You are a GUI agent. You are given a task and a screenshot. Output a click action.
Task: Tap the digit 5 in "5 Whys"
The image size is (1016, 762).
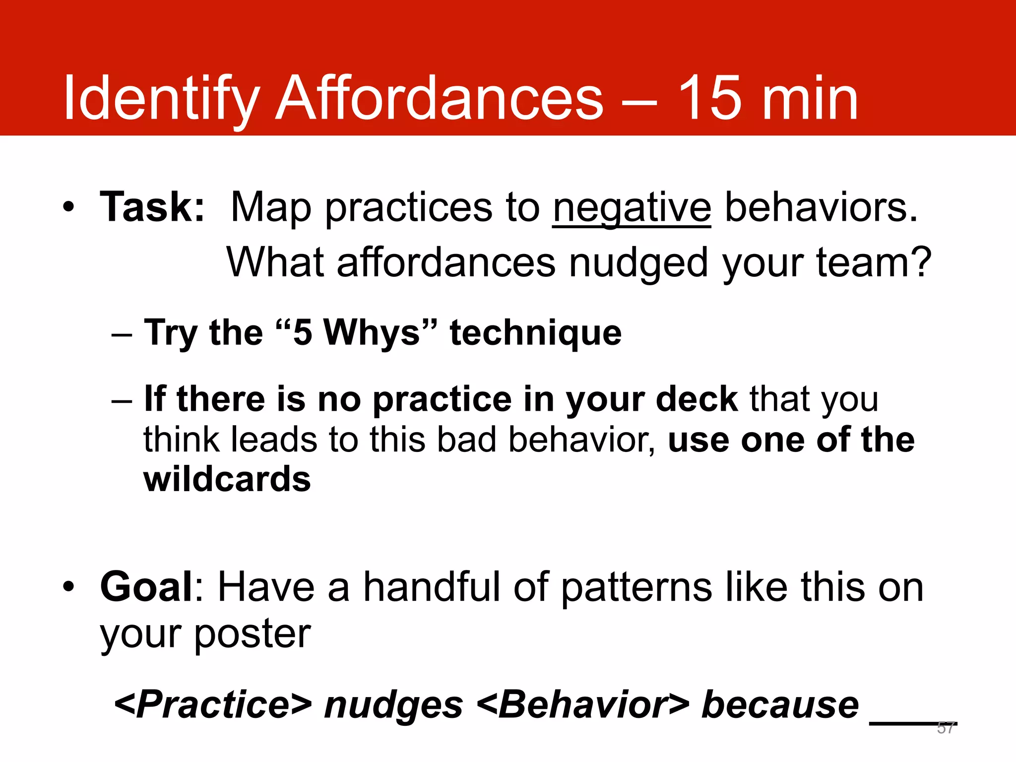[303, 332]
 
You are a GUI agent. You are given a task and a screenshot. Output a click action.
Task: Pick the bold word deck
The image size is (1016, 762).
[697, 399]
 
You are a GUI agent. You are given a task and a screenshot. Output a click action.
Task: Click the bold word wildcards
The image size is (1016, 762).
[227, 479]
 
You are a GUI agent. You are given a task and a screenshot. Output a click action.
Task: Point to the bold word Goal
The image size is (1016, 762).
[146, 587]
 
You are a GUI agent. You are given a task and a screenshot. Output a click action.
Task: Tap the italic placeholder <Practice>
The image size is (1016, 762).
[213, 705]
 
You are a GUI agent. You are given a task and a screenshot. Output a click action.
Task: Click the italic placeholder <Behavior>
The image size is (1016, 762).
[583, 705]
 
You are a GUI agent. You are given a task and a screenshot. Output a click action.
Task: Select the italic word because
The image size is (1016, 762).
[780, 705]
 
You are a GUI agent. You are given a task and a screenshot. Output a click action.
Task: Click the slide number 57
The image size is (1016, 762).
[946, 728]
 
